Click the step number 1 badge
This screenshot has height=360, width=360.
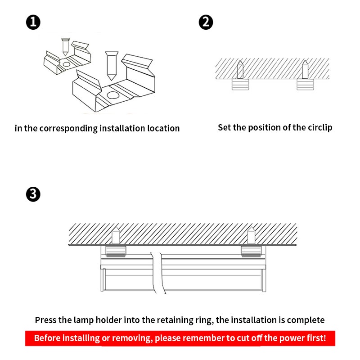point(33,22)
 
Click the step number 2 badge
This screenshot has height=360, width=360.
point(206,22)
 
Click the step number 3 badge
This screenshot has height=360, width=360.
point(33,194)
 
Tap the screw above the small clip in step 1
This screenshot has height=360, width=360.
point(65,46)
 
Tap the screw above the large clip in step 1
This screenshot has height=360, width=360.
point(110,65)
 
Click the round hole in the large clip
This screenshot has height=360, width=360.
point(112,95)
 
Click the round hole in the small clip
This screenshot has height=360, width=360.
point(67,64)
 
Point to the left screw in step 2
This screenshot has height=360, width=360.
point(240,69)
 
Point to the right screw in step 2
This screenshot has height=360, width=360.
point(305,69)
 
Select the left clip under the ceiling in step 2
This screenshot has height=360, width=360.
point(240,85)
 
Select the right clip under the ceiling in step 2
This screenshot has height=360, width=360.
point(305,85)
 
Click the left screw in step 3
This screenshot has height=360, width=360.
point(116,235)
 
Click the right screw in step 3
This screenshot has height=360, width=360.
point(251,235)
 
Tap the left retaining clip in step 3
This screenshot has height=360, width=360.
point(116,251)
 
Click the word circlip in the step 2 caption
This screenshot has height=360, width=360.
point(318,127)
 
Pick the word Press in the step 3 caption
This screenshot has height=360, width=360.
point(47,320)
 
